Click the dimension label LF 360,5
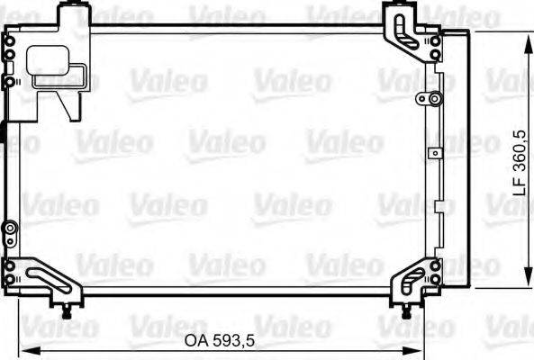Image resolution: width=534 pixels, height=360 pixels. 516,159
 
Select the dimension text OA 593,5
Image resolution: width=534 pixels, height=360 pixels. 221,341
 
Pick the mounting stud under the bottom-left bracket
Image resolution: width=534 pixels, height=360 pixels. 69,310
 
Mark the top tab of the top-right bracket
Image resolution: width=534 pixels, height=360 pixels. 397,11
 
